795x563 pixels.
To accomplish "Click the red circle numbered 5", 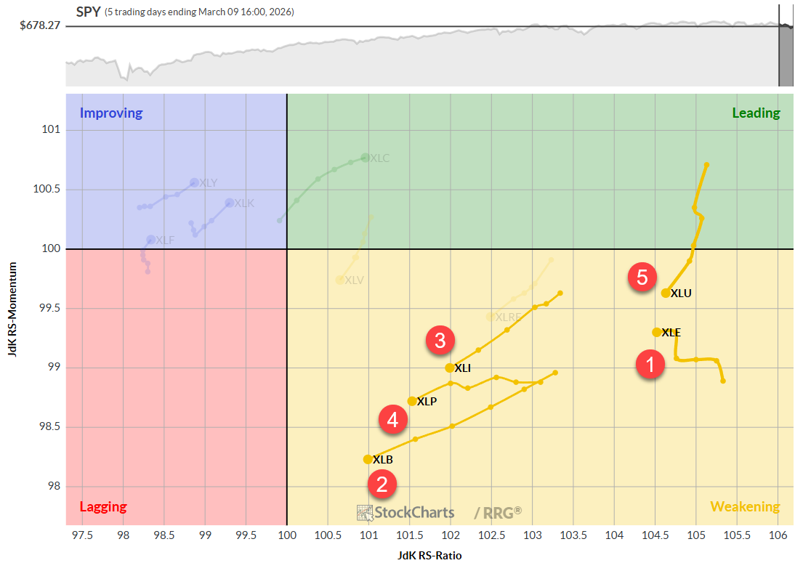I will coord(642,278).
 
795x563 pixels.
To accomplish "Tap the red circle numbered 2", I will coord(382,484).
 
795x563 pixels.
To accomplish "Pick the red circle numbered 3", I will coord(440,339).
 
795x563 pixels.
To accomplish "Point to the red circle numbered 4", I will coord(392,418).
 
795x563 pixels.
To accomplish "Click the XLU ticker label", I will coord(681,293).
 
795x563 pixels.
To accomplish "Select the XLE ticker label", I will coord(671,332).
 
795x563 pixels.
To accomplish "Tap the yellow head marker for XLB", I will coord(368,459).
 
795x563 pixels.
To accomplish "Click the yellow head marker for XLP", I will coord(412,401).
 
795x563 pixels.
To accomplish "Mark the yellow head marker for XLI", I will coord(450,368).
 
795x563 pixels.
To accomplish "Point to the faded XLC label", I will coord(380,158).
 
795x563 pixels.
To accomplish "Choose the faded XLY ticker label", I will coord(209,183).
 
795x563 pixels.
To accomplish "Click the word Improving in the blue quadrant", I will coord(111,113).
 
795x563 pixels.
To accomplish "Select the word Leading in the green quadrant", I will coord(756,113).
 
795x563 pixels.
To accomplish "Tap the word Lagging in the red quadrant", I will coord(102,506).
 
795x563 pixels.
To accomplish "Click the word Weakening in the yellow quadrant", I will coord(745,506).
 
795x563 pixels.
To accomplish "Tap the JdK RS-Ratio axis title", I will coord(429,556).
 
